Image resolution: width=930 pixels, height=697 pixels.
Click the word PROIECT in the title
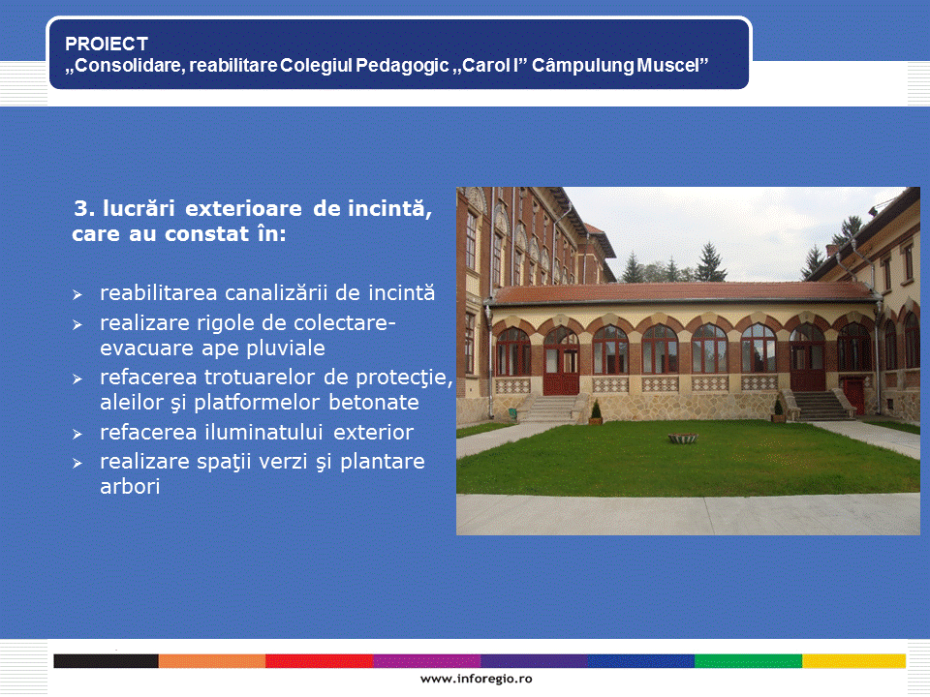pos(107,44)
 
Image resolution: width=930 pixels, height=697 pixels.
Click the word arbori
pos(130,487)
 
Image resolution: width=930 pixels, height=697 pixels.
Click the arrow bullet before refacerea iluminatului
pos(77,435)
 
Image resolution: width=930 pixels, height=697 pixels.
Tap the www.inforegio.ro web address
pos(477,680)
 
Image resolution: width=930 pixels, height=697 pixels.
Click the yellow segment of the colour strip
pos(853,661)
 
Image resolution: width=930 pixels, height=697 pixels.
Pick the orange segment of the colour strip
pos(212,661)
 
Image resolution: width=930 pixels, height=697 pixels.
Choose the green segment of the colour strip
pos(748,661)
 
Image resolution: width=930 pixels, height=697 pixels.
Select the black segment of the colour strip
pos(106,661)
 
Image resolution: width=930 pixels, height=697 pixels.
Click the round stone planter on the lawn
pos(683,439)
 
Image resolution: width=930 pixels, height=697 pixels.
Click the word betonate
pos(374,403)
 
